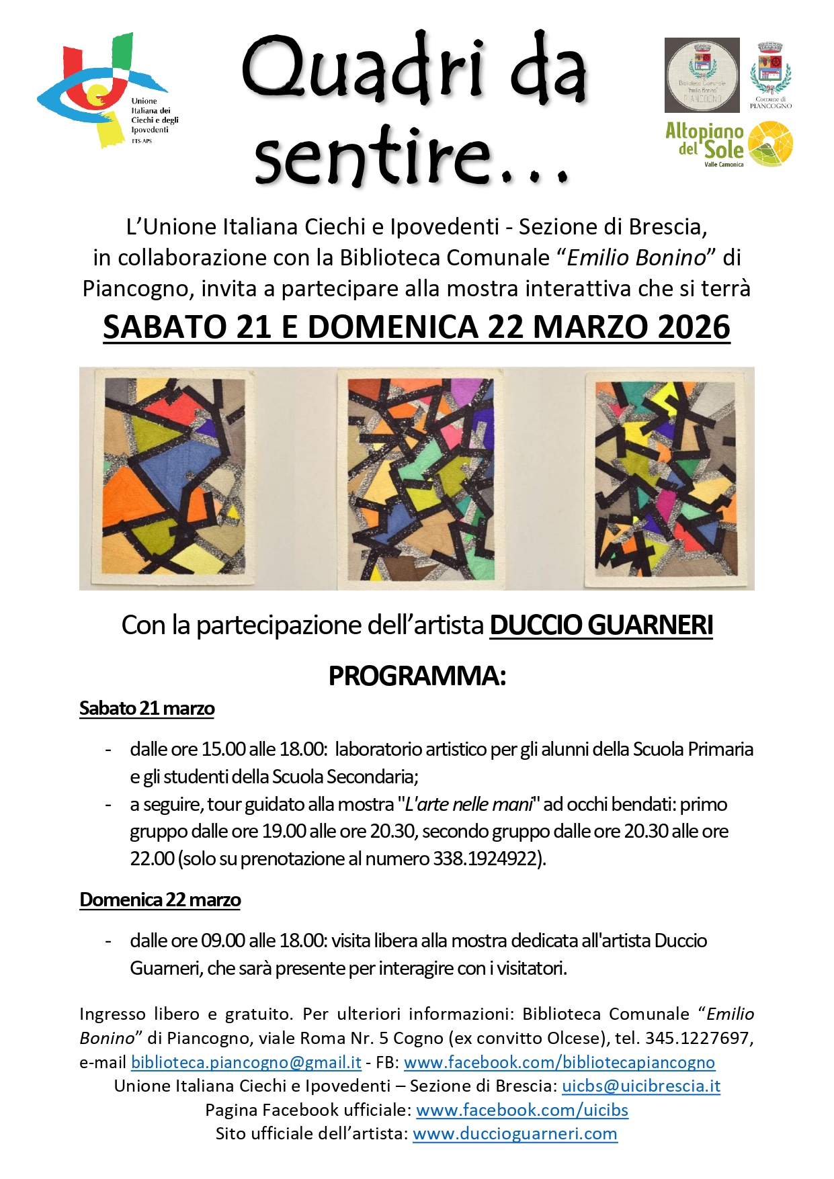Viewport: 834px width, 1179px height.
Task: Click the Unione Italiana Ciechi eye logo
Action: (x=101, y=91)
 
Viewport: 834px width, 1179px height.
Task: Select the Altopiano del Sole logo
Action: (x=728, y=144)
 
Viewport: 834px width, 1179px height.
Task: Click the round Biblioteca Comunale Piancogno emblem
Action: (x=702, y=75)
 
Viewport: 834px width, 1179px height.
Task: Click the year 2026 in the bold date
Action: (x=694, y=327)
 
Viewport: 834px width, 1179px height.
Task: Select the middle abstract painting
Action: (x=421, y=478)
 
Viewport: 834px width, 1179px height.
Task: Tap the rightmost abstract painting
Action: (x=665, y=478)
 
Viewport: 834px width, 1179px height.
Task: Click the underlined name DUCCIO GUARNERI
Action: (x=601, y=625)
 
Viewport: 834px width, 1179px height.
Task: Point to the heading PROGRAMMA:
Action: (x=417, y=676)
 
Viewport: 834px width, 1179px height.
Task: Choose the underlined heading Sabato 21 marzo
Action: (x=147, y=709)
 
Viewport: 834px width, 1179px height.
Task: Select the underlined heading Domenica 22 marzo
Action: (x=160, y=900)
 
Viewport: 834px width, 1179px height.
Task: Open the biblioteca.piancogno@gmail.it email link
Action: (x=246, y=1063)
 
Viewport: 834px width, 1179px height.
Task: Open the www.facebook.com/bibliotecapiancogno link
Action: (x=559, y=1063)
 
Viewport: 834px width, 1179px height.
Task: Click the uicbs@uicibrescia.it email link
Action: (x=641, y=1086)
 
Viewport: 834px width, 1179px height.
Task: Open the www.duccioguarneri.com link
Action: (x=515, y=1134)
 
